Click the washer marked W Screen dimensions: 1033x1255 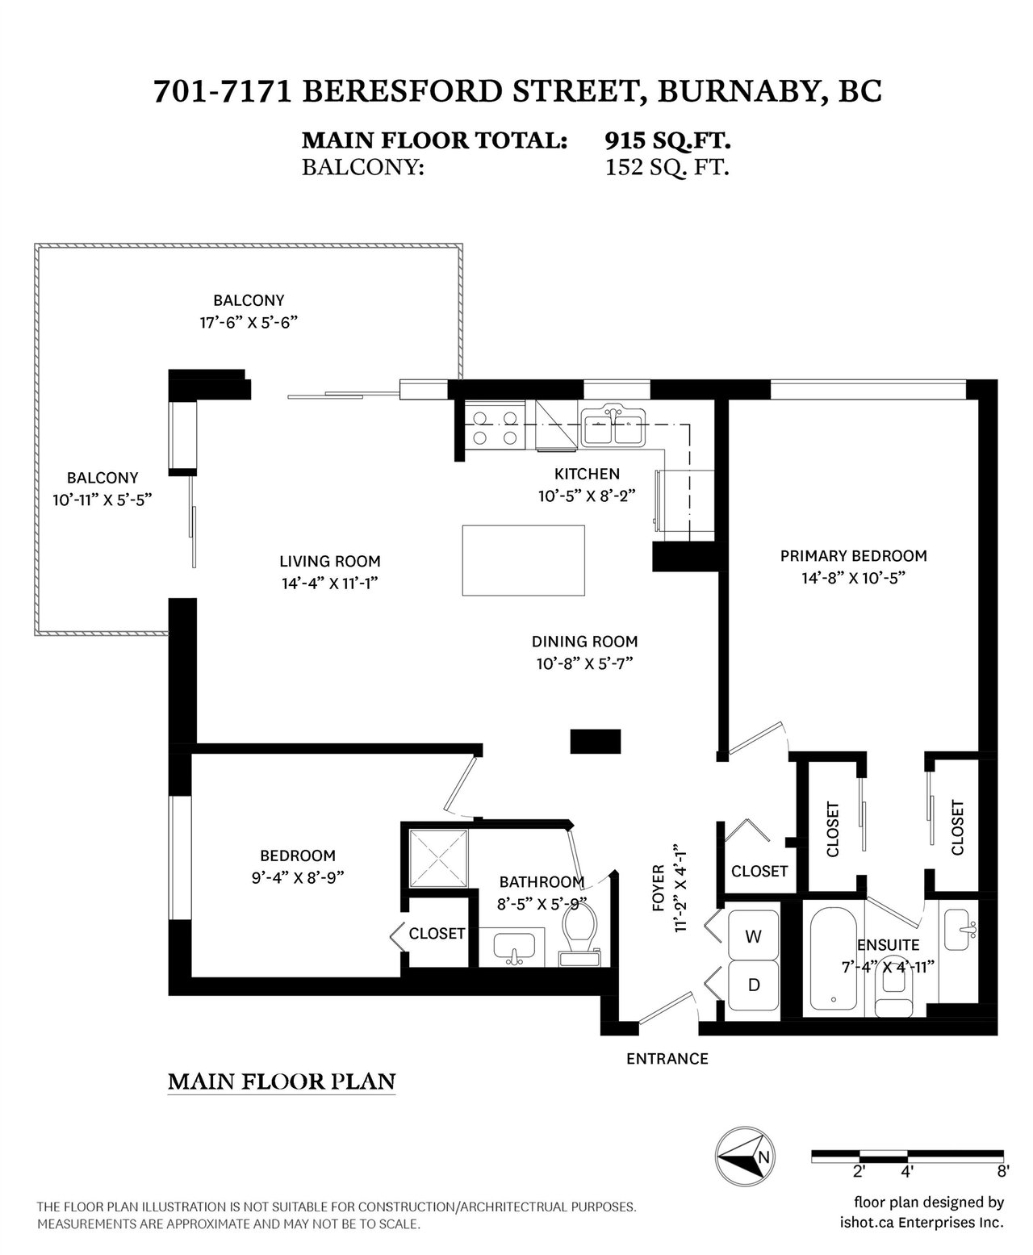[x=753, y=936]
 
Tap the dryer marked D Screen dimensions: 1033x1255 [x=753, y=985]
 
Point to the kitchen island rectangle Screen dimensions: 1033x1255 [x=523, y=560]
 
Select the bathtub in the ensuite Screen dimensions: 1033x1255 [x=833, y=959]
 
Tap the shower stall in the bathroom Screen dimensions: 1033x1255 [x=438, y=859]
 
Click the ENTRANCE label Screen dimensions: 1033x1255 [x=667, y=1059]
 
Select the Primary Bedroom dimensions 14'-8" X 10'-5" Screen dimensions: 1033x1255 [x=853, y=578]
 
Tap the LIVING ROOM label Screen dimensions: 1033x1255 [x=330, y=561]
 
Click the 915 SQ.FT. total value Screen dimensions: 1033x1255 [x=667, y=140]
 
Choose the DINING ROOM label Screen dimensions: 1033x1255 [x=584, y=642]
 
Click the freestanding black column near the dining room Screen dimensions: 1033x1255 [x=596, y=742]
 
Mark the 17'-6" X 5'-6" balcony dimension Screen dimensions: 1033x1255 [x=249, y=323]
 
